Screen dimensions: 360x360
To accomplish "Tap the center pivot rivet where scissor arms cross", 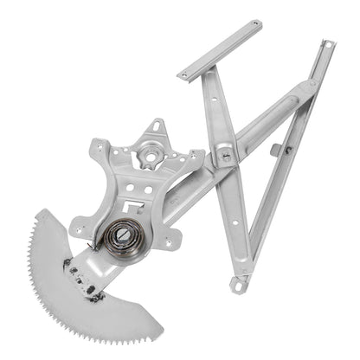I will tap(224, 157).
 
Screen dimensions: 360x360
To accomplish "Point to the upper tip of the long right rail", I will tap(325, 44).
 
